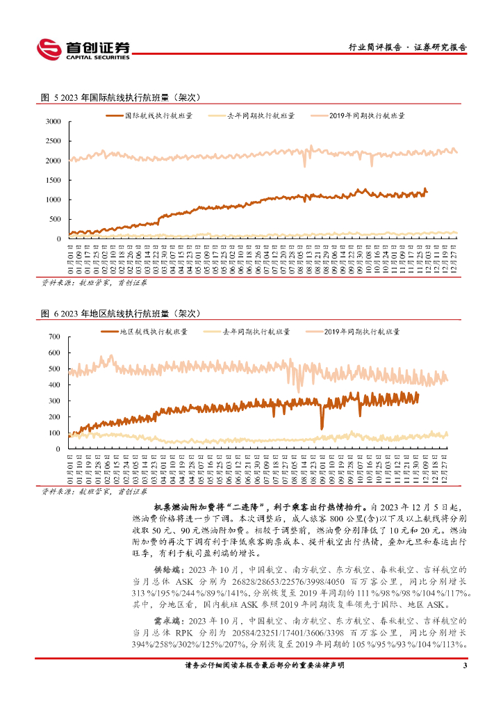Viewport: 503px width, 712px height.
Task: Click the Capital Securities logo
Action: pyautogui.click(x=83, y=48)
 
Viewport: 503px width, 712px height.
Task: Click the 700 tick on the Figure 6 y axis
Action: pyautogui.click(x=56, y=337)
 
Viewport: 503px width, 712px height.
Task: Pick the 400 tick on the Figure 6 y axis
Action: pyautogui.click(x=56, y=385)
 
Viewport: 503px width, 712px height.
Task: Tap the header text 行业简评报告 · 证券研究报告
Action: pyautogui.click(x=407, y=47)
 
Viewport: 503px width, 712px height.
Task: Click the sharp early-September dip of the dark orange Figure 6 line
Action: pyautogui.click(x=322, y=426)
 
